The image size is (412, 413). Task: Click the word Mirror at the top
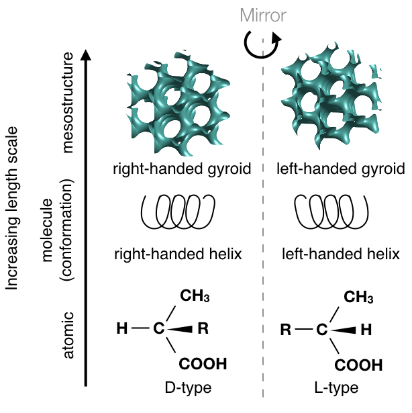point(262,14)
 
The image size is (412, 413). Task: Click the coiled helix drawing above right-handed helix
point(176,214)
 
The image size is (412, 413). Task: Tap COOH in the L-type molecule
point(358,365)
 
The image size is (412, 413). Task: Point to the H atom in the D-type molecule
point(121,329)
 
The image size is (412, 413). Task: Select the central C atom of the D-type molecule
point(158,329)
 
